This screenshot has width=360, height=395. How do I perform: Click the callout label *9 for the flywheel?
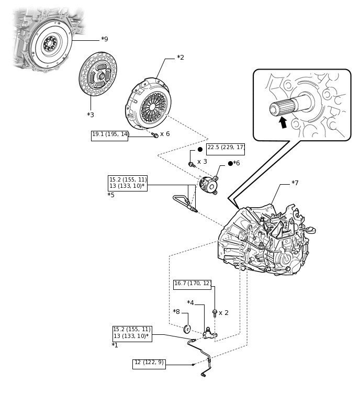[x=105, y=39]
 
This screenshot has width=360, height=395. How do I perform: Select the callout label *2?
[x=181, y=58]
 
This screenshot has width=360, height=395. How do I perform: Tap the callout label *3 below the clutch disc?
[x=91, y=115]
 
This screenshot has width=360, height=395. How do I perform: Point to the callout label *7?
[x=295, y=183]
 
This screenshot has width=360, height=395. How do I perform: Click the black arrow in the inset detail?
[x=283, y=122]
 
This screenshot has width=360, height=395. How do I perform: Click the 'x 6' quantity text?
[x=165, y=134]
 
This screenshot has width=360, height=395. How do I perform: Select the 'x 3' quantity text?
[x=202, y=162]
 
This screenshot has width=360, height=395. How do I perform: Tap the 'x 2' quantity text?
[x=223, y=313]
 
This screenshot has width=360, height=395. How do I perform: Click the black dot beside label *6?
[x=230, y=163]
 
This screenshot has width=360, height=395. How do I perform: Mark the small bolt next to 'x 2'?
[x=215, y=313]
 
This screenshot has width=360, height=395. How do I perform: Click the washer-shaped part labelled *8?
[x=187, y=329]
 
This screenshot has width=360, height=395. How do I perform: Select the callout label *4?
[x=190, y=302]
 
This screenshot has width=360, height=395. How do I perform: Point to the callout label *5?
[x=111, y=195]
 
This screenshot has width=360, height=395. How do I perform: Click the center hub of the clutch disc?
[x=100, y=75]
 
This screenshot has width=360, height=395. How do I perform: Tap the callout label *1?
[x=115, y=345]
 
